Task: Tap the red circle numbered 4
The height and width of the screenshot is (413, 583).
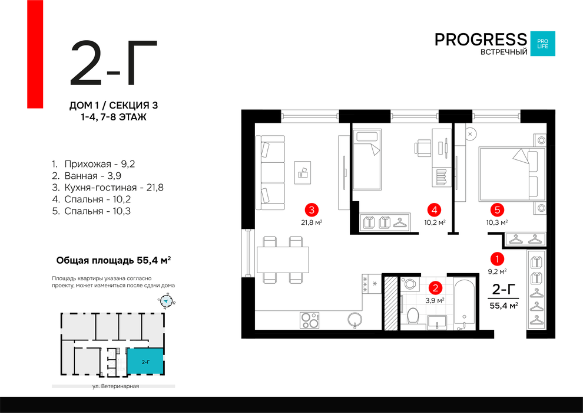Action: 435,209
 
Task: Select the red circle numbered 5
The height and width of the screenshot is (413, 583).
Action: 498,209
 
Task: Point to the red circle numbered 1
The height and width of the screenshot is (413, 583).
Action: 498,258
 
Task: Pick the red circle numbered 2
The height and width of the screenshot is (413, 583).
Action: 435,288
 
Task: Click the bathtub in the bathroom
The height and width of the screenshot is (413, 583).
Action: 464,304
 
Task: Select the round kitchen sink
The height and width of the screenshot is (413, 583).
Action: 355,319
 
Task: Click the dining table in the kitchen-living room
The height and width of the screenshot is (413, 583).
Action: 283,259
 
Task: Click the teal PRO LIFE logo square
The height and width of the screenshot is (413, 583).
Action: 542,43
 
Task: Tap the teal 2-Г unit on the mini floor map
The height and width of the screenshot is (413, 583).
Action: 145,360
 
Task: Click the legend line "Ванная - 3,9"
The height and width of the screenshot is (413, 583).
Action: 94,176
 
